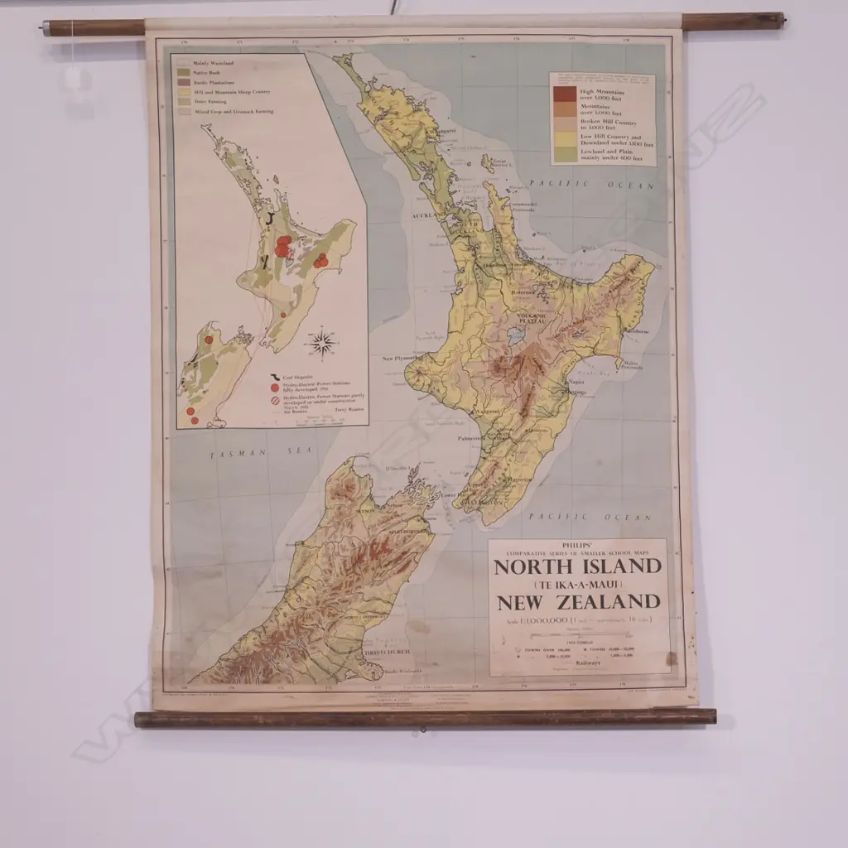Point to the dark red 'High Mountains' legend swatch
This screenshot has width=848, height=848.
[x=566, y=94]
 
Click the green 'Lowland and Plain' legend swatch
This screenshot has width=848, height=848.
[x=566, y=154]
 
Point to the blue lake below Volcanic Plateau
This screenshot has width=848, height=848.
[x=517, y=335]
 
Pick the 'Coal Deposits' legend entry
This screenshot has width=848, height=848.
[x=297, y=377]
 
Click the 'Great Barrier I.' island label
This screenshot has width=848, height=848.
[x=499, y=162]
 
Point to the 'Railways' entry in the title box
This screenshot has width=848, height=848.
[x=586, y=662]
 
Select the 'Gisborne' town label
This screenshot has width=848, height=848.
[x=636, y=330]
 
